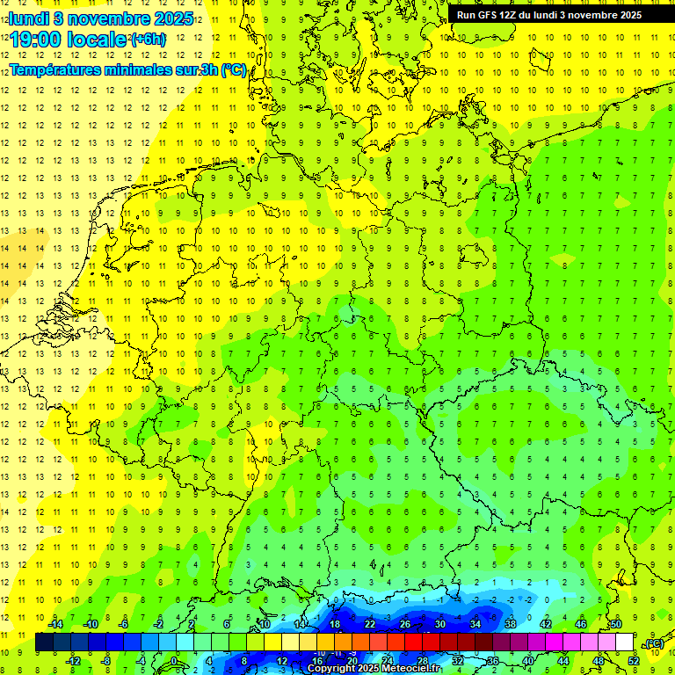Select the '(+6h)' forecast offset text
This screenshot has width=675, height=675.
pyautogui.click(x=147, y=40)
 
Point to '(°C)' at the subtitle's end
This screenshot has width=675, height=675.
pyautogui.click(x=234, y=70)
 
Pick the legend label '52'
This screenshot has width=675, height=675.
pyautogui.click(x=634, y=660)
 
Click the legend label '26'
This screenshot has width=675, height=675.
pyautogui.click(x=404, y=624)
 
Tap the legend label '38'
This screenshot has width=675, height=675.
pyautogui.click(x=510, y=624)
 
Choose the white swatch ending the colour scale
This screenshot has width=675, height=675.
pyautogui.click(x=624, y=642)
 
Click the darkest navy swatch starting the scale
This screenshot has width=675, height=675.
pyautogui.click(x=44, y=642)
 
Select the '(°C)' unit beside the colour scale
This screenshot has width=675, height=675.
pyautogui.click(x=654, y=643)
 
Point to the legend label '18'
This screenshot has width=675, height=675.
pyautogui.click(x=334, y=624)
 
